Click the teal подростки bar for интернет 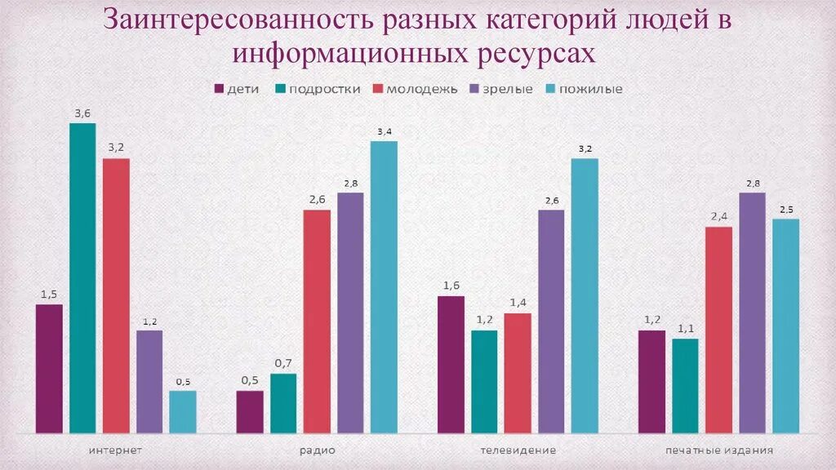[82, 277]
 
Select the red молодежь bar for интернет [116, 295]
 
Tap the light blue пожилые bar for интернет [183, 411]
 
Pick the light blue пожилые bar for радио [384, 286]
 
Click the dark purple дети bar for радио [250, 411]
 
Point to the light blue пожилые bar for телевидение [585, 295]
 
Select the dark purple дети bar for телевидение [451, 364]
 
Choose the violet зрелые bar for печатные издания [752, 313]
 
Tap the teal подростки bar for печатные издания [685, 385]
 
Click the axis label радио [317, 450]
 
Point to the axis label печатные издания [718, 450]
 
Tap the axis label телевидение [518, 450]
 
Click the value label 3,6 [82, 113]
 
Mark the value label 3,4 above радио [384, 131]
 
